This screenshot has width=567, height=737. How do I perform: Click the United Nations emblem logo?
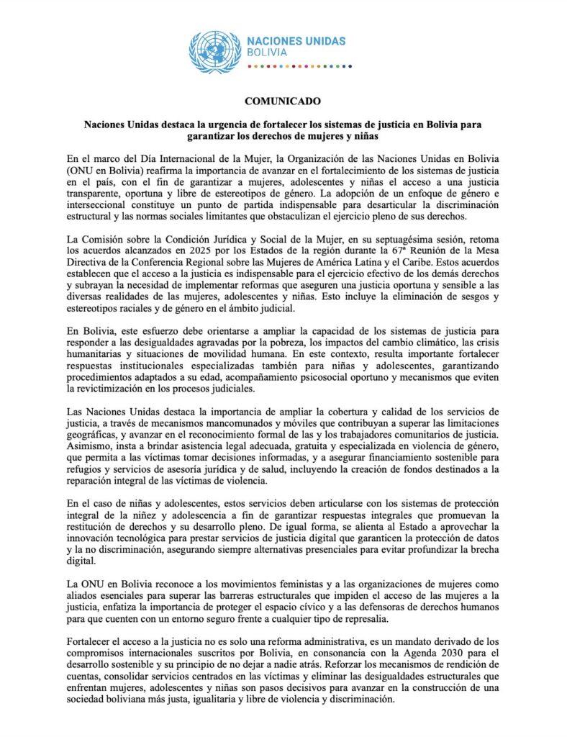click(x=215, y=51)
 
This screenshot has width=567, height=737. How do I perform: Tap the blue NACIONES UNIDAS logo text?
click(x=296, y=40)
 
